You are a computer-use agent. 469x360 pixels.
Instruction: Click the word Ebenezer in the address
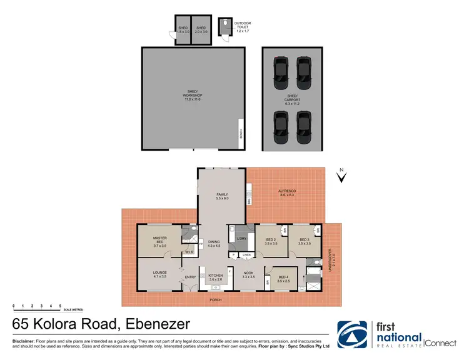coord(154,324)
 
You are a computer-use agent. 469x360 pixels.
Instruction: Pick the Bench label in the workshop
coord(240,135)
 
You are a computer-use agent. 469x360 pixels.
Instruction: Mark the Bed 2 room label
coord(270,241)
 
